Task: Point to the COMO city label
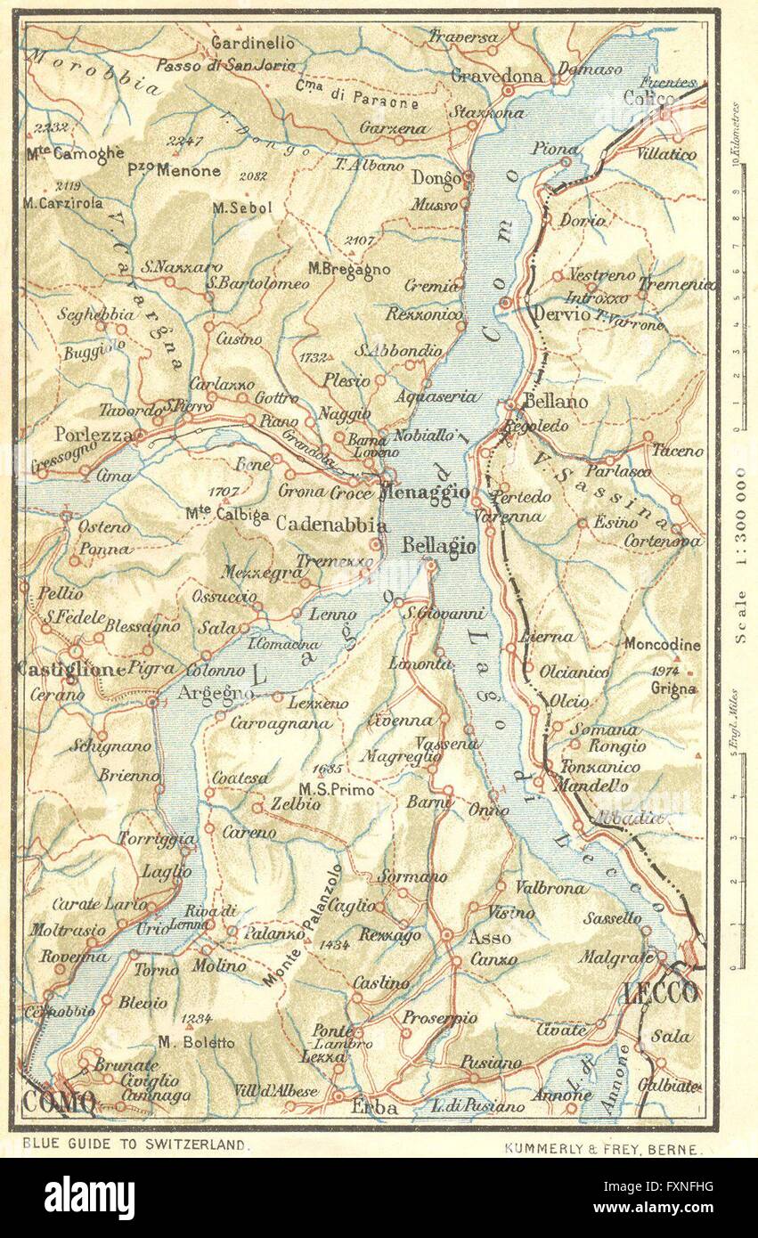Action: (x=58, y=1102)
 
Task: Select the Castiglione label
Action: (x=70, y=667)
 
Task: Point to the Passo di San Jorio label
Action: (x=224, y=65)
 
